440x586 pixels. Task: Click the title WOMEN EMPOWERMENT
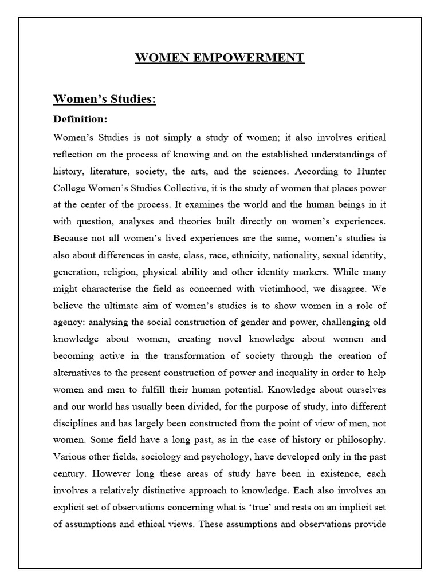[x=220, y=58]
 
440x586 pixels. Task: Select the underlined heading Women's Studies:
[x=105, y=99]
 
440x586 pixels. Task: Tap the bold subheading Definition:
[x=80, y=120]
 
